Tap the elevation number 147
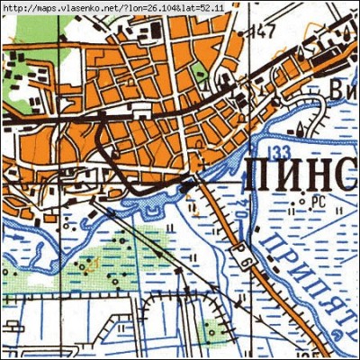262,32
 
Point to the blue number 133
278,150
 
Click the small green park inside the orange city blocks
200,71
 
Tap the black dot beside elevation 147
247,33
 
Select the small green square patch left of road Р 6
211,331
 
